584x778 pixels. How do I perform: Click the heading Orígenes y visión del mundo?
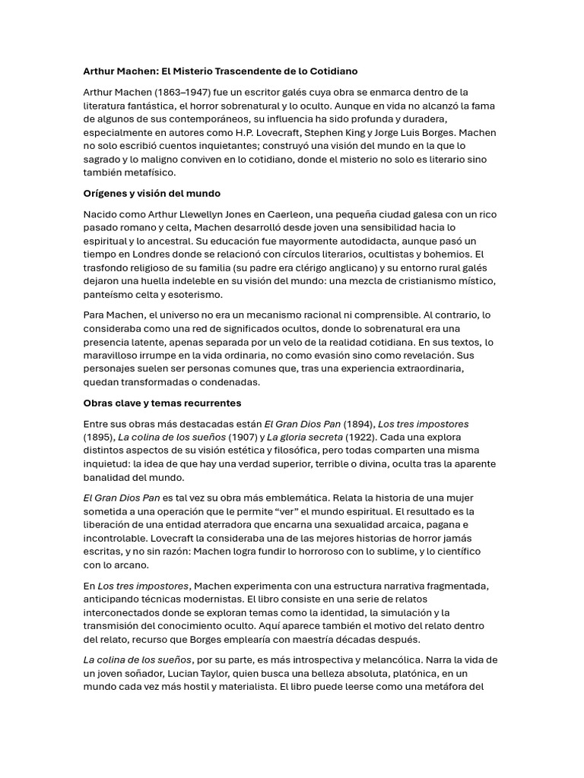tap(151, 194)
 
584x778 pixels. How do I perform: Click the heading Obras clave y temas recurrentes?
tap(162, 403)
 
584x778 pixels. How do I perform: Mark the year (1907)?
tap(243, 437)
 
